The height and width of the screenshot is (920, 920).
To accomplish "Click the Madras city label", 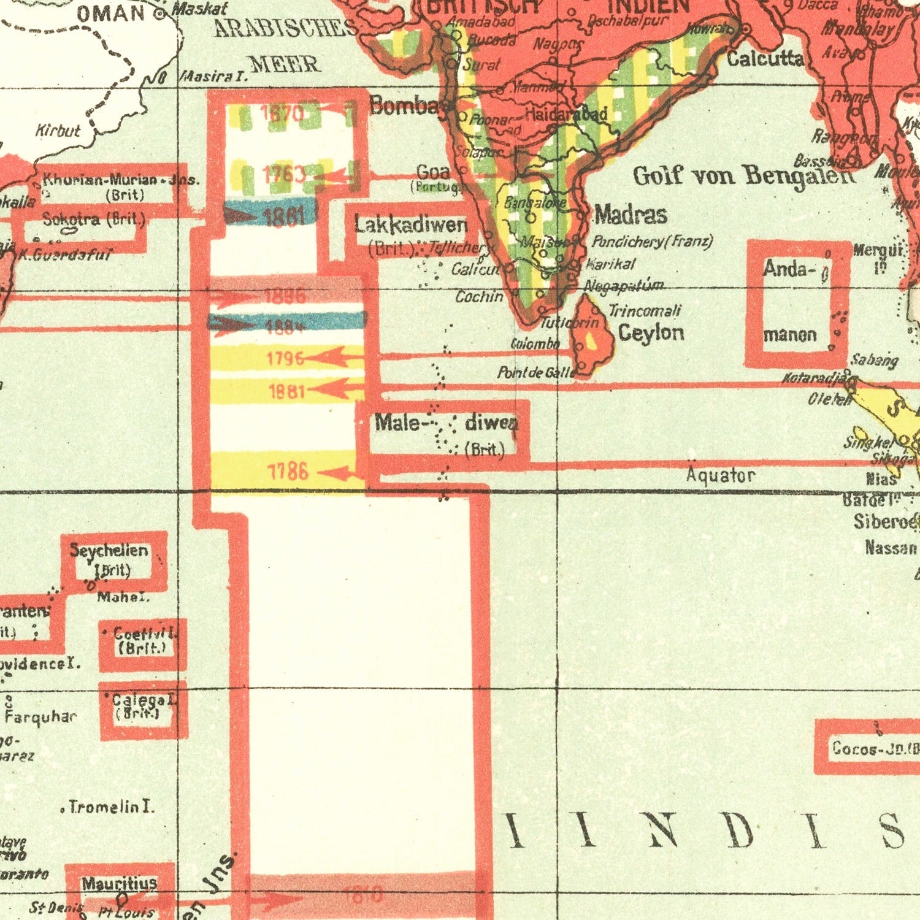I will [631, 215].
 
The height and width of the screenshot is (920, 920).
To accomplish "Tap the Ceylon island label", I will [651, 333].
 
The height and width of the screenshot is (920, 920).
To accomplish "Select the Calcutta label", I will [765, 59].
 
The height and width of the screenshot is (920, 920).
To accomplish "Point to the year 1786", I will [288, 472].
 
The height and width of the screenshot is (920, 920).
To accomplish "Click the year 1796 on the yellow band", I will [286, 358].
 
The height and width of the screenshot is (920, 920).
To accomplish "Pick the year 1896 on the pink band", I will [285, 297].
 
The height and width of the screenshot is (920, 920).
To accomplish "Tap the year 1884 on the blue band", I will [285, 326].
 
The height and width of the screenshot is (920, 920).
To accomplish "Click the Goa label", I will [433, 172].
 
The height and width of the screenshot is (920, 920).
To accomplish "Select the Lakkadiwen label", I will [411, 226].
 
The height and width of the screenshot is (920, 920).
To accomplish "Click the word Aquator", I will [720, 475].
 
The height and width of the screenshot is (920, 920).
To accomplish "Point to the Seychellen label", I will [109, 550].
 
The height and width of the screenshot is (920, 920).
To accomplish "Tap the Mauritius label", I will [120, 884].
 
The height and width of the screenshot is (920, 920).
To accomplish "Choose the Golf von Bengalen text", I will [743, 176].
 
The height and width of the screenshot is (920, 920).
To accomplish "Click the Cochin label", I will [479, 297].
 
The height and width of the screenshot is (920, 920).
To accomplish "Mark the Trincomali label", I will [645, 311].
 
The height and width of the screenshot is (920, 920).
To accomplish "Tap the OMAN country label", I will [111, 13].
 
